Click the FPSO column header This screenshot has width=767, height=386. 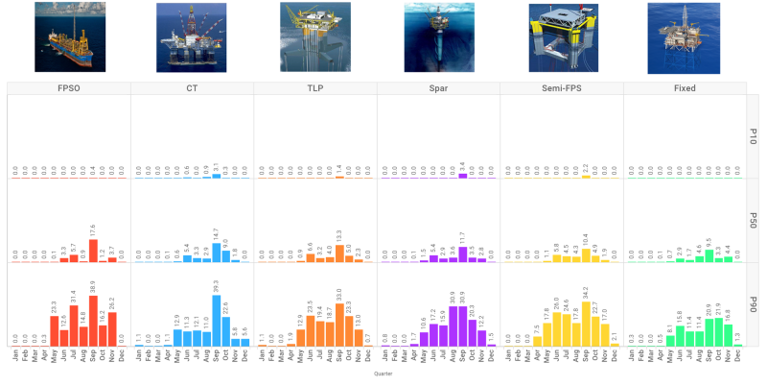click(x=68, y=88)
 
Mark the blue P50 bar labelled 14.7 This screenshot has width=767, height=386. click(x=217, y=253)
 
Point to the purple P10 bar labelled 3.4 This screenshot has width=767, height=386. click(x=463, y=175)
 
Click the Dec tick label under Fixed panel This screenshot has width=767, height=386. click(x=737, y=357)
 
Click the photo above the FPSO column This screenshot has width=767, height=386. click(x=68, y=37)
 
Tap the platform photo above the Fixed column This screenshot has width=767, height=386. click(x=684, y=37)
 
